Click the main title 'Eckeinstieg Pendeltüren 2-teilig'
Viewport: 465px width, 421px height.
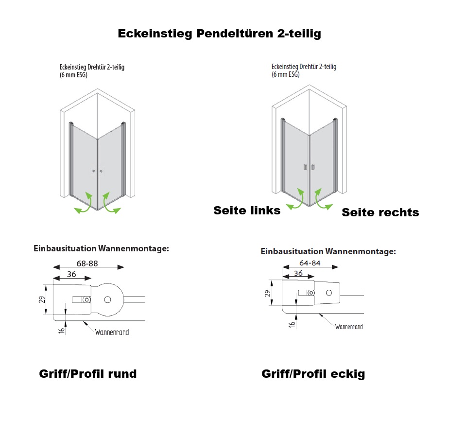[220, 34]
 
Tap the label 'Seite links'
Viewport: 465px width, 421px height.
[247, 210]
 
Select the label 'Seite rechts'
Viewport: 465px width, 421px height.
[380, 212]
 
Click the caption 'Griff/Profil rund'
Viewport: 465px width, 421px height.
[88, 374]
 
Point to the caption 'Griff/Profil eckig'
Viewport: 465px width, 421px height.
[313, 374]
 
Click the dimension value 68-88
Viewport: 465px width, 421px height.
[87, 263]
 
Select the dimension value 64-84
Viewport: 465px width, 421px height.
[310, 263]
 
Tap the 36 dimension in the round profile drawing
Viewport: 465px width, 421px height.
[71, 274]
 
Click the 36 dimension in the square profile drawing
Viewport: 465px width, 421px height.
[298, 273]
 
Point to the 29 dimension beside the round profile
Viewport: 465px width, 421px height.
[42, 299]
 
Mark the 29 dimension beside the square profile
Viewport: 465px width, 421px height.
[267, 294]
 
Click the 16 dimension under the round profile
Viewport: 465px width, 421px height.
[61, 330]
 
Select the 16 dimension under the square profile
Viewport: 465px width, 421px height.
[292, 324]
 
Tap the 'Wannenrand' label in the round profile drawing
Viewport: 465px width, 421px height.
[112, 333]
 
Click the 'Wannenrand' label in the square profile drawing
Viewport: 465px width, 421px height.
[349, 327]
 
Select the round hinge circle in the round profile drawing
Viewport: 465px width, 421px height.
[108, 299]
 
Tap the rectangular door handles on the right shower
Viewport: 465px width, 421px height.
[309, 167]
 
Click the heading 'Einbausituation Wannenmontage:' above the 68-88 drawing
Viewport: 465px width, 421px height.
[101, 248]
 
